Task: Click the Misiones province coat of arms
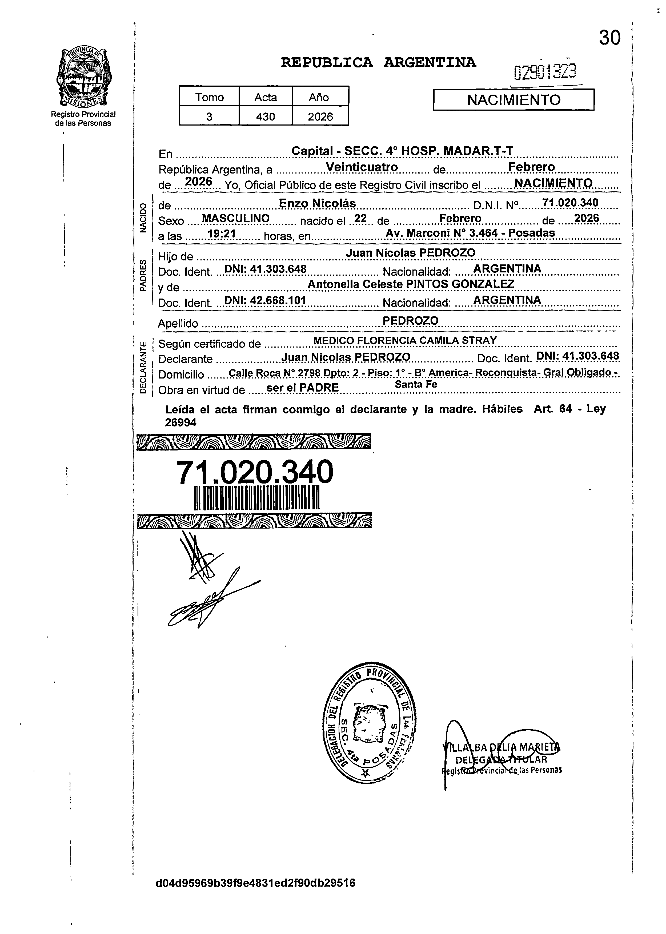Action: (x=84, y=77)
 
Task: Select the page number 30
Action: (x=609, y=38)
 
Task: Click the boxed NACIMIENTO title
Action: (x=513, y=100)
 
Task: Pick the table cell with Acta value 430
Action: (x=265, y=117)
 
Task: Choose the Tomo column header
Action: (x=209, y=97)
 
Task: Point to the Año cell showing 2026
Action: (x=320, y=117)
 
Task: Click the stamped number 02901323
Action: (x=545, y=72)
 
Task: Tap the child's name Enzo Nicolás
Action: (x=317, y=203)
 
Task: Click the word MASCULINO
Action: (x=236, y=219)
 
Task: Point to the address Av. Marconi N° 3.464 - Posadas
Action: (x=470, y=233)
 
